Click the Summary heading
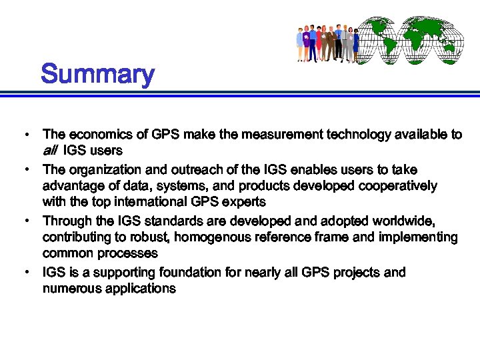click(97, 74)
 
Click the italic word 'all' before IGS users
click(50, 151)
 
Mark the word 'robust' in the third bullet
click(137, 237)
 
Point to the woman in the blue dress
click(356, 43)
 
